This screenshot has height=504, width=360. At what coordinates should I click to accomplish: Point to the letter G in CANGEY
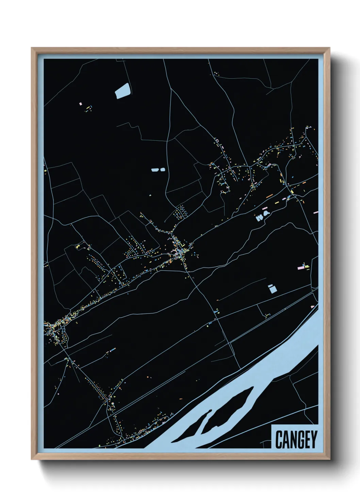pos(298,439)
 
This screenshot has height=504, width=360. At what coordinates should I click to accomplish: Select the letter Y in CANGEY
pos(313,439)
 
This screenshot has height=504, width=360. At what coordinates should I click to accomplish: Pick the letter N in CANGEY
pos(292,439)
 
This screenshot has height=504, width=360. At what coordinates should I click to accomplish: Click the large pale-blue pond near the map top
pos(123,91)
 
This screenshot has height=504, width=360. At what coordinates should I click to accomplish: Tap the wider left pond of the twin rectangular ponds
pos(155,169)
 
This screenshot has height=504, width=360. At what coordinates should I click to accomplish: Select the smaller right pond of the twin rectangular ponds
pos(162,169)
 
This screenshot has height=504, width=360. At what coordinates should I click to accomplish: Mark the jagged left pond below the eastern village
pos(260,217)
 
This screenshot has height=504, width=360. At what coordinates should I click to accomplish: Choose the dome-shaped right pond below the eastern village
pos(266,214)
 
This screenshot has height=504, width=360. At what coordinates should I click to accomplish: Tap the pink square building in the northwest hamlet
pos(81,104)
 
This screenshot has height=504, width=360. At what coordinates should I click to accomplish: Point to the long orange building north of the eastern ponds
pos(269,196)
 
